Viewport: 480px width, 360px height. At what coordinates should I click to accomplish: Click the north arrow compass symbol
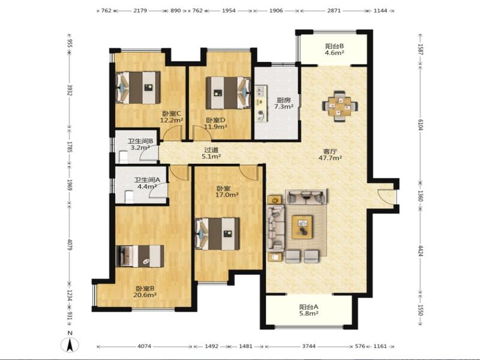coord(70,345)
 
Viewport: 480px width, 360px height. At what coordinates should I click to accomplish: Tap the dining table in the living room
coord(340,106)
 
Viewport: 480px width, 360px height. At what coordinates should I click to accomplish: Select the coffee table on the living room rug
coord(302,227)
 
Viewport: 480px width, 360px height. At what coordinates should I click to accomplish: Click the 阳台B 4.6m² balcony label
coord(334,49)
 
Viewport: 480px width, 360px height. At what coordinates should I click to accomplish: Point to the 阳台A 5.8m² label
coord(308,310)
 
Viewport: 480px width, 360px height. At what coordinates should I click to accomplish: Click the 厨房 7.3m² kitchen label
coord(283,103)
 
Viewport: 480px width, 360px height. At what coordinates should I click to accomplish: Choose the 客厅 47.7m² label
coord(331,155)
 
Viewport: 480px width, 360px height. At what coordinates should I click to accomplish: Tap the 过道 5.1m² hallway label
coord(211,154)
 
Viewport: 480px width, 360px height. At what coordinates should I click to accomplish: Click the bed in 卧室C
coord(138,88)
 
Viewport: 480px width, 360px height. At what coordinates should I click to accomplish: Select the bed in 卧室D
coord(229,93)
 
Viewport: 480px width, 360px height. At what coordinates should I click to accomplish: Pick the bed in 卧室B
coord(140,256)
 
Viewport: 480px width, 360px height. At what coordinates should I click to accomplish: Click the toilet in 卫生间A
coord(129,197)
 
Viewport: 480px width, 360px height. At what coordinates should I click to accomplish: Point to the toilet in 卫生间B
coord(123,157)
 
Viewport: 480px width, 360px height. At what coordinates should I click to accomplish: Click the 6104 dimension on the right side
coord(421,125)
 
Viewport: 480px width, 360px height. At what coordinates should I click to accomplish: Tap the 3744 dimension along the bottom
coord(308,346)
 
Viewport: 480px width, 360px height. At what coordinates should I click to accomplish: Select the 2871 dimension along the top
coord(334,10)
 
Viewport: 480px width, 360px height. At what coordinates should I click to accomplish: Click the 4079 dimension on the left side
coord(70,245)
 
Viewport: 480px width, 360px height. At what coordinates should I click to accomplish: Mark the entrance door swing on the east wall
coord(386,196)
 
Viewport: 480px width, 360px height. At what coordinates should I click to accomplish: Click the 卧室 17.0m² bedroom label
coord(227,191)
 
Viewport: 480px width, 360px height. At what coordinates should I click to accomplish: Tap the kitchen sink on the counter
coord(261,90)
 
